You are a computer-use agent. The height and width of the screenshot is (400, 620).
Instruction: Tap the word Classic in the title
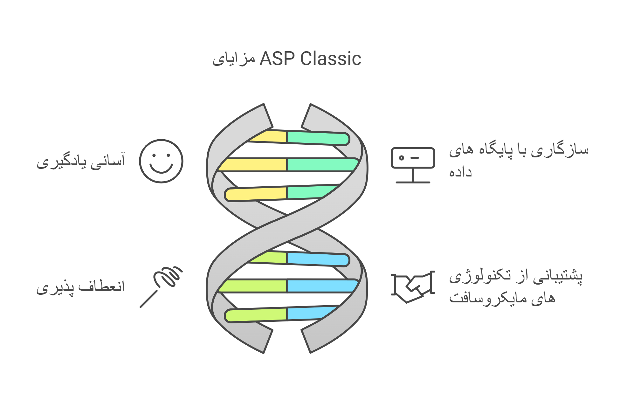point(331,59)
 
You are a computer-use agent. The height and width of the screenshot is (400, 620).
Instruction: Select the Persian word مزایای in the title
point(234,59)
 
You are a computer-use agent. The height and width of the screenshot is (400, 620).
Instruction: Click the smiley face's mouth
point(161,168)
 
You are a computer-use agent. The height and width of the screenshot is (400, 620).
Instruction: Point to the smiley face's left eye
point(154,155)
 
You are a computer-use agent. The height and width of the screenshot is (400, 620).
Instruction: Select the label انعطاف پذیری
point(81,287)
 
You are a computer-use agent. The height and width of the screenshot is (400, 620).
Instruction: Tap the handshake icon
point(413,286)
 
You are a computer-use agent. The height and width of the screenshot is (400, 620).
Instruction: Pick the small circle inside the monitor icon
point(402,158)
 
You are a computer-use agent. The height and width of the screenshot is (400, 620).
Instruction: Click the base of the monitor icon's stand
point(413,182)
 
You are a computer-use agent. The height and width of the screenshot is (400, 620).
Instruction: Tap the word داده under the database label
point(460,172)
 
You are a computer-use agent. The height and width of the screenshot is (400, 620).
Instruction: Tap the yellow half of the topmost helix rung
point(269,136)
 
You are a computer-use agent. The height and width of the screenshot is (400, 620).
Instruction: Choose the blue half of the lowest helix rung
point(312,313)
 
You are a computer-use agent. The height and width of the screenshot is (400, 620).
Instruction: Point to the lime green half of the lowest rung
point(256,315)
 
